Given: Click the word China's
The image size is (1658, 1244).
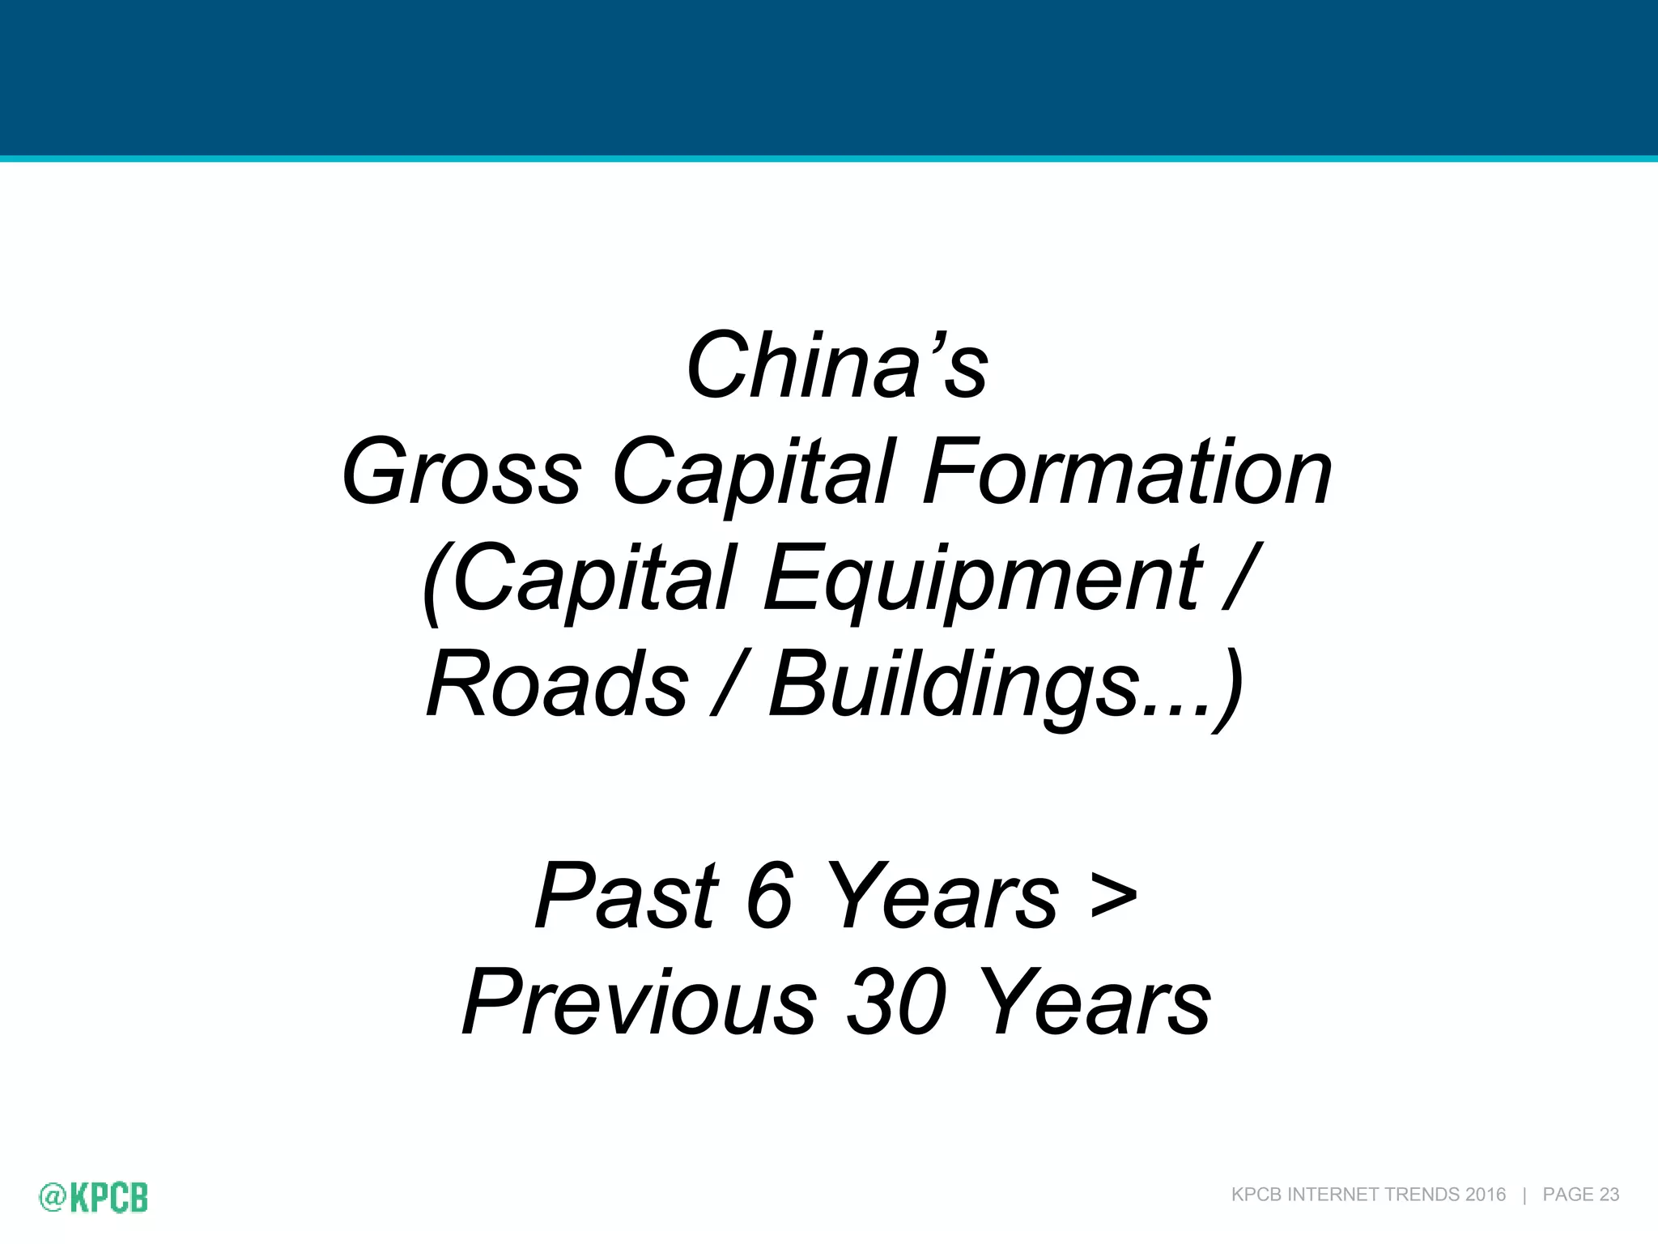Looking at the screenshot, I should click(x=836, y=366).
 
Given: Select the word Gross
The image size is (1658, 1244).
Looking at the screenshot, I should click(x=461, y=473).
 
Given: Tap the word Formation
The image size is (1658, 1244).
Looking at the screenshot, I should click(x=1127, y=473).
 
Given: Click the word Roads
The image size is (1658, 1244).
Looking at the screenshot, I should click(x=558, y=685).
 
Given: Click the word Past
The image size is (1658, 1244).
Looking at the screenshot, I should click(x=627, y=896).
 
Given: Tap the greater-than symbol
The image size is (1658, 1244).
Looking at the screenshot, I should click(x=1113, y=896).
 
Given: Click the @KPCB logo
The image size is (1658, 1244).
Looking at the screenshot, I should click(x=94, y=1197).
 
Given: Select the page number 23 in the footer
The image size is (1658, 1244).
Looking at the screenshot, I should click(x=1609, y=1195).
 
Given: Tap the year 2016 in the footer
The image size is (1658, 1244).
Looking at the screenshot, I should click(x=1485, y=1195).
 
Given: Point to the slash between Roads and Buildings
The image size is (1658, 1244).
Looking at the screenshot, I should click(x=727, y=685).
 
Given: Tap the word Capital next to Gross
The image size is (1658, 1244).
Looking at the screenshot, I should click(x=753, y=473).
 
